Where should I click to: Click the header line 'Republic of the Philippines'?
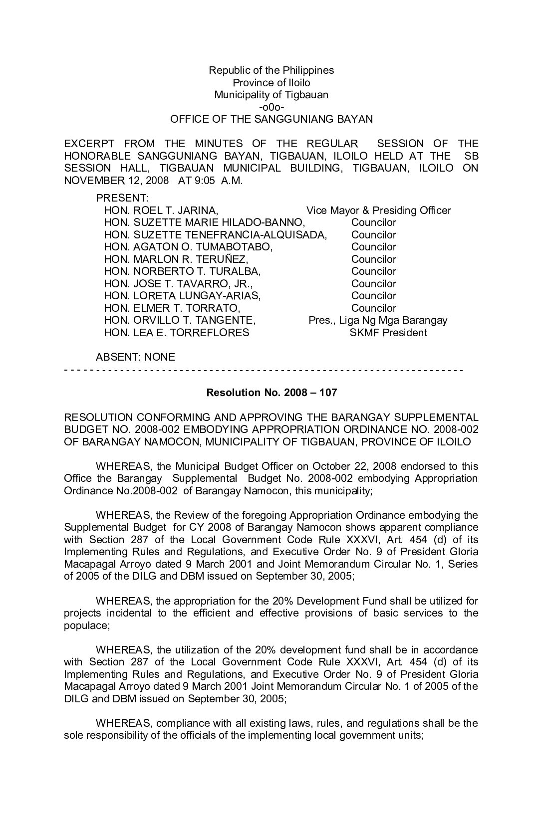[x=271, y=70]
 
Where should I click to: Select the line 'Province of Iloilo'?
[x=271, y=83]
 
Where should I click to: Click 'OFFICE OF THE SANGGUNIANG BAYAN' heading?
[x=271, y=119]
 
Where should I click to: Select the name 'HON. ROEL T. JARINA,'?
[x=161, y=210]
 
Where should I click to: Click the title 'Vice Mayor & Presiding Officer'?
[x=378, y=210]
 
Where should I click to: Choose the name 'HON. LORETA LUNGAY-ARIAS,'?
[x=182, y=296]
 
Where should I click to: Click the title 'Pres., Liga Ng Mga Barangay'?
[x=378, y=320]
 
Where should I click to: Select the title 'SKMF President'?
[x=388, y=333]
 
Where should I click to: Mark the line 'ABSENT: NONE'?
[x=135, y=357]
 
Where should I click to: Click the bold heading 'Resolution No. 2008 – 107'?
[x=271, y=393]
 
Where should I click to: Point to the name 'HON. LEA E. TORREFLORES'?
[x=176, y=333]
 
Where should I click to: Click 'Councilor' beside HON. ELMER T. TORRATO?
[x=373, y=308]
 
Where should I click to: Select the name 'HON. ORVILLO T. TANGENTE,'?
[x=180, y=320]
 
